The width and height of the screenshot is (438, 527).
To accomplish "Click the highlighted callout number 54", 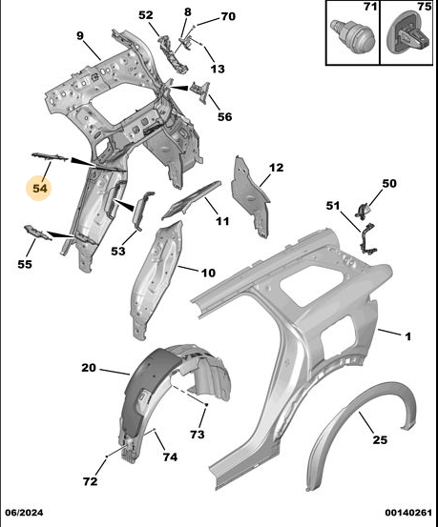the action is (40, 189).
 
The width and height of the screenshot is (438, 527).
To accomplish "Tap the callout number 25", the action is (380, 439).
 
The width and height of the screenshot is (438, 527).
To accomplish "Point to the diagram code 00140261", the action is (408, 513).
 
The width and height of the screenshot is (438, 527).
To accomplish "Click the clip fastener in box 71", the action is (352, 36).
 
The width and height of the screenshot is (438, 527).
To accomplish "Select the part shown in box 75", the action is (408, 32).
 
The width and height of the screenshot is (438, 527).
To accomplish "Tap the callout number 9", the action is (80, 35).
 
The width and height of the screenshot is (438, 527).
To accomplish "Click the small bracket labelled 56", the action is (200, 91).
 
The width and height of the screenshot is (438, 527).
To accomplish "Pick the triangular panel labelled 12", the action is (251, 196).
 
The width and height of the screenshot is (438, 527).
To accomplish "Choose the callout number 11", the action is (222, 221).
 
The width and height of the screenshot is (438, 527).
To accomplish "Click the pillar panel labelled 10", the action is (156, 279).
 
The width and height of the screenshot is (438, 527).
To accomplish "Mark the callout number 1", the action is (407, 336).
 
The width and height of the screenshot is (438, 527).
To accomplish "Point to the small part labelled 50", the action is (363, 212).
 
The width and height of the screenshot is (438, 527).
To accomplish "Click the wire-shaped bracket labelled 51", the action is (367, 239).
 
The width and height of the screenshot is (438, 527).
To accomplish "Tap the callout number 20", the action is (89, 368).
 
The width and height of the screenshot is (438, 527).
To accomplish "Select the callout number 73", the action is (198, 435).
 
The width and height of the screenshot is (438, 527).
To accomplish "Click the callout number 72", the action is (91, 481).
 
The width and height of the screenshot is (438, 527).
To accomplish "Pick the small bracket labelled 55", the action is (38, 233).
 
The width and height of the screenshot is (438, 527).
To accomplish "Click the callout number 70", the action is (228, 16).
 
